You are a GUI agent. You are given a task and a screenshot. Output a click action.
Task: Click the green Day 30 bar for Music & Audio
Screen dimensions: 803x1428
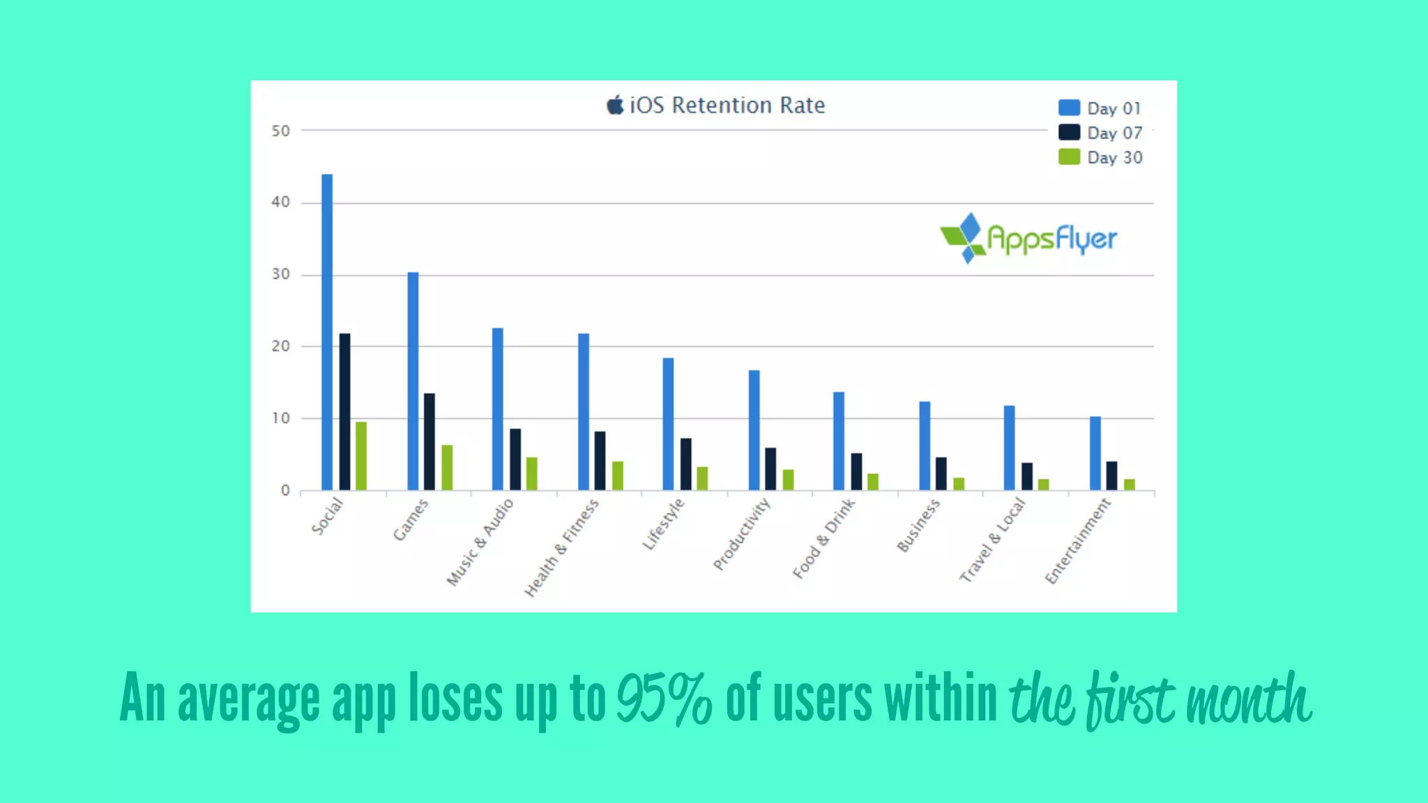click(x=532, y=473)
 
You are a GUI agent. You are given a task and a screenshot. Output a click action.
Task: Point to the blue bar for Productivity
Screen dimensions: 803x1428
click(x=754, y=429)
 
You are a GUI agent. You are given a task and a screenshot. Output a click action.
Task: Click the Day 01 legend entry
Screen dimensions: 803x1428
click(x=1100, y=108)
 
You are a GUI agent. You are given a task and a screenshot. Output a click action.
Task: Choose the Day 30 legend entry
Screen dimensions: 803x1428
click(x=1100, y=158)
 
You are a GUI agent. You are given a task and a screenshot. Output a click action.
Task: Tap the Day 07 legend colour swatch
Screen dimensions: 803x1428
click(x=1069, y=132)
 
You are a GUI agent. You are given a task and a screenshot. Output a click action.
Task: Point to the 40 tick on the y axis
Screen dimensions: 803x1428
click(x=281, y=202)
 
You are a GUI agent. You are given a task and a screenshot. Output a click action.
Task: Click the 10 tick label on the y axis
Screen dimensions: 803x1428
click(x=281, y=418)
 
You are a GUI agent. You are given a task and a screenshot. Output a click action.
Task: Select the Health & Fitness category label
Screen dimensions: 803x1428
click(x=562, y=548)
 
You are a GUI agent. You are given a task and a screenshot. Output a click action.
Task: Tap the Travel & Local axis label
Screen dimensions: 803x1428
click(x=992, y=540)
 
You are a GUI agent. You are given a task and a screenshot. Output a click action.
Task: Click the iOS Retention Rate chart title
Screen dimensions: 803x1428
click(x=727, y=105)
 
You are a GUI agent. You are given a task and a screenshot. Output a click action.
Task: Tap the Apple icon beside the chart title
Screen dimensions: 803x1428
click(x=615, y=105)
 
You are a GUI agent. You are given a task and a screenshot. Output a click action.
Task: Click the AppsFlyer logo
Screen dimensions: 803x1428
click(x=1028, y=238)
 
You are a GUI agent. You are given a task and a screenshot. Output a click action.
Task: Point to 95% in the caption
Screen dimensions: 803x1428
click(x=664, y=699)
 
